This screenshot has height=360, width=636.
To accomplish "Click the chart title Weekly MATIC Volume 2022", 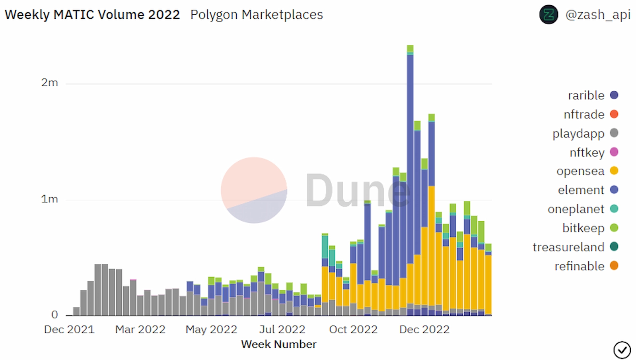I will tap(92, 15).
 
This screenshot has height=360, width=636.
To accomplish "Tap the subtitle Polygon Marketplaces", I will tap(257, 15).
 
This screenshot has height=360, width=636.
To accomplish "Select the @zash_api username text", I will tap(597, 15).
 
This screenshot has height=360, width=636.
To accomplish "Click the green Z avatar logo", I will tap(548, 15).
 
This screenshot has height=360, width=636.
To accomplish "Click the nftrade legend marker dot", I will tap(614, 114).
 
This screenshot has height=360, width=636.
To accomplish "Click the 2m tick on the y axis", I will tap(50, 83).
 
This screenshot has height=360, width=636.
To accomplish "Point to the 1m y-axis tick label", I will tap(50, 199).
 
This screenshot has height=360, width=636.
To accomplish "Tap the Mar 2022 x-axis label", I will tap(140, 329).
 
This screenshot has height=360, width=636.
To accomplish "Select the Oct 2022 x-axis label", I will tap(353, 329).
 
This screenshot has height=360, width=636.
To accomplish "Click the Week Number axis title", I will tap(278, 344).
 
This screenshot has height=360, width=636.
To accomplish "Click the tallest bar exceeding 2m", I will tap(410, 179).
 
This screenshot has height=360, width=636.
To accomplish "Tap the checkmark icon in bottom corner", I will tap(622, 350).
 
